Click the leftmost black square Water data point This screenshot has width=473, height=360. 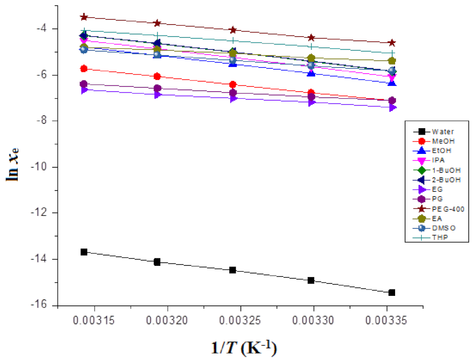84,252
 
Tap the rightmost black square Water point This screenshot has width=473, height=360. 392,292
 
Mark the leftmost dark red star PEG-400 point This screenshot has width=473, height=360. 84,17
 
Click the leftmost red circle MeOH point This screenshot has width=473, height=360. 84,69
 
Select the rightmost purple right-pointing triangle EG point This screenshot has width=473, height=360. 392,108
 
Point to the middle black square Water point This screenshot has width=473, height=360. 233,270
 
